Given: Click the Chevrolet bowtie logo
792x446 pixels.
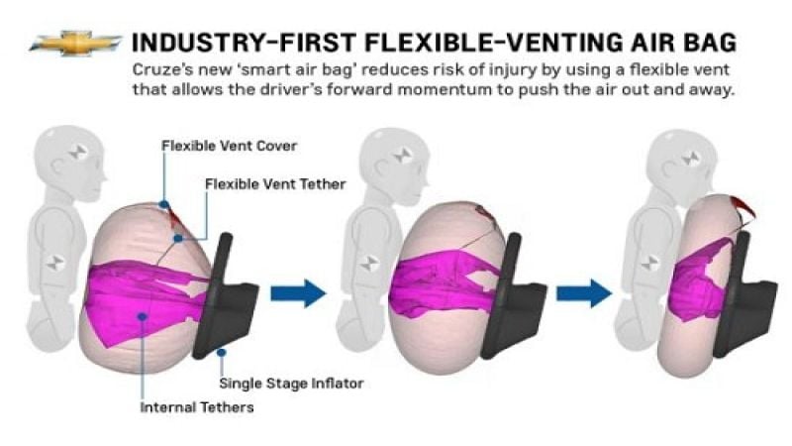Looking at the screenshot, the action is pos(75,43).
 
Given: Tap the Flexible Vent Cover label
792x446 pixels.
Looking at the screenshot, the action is pos(229,146).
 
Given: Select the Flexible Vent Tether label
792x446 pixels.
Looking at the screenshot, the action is pos(275,184).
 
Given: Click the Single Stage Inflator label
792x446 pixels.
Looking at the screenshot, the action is pos(291,384).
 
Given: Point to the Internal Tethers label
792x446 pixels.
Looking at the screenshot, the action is pos(197,407).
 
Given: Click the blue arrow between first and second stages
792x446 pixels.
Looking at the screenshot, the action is pos(298,292).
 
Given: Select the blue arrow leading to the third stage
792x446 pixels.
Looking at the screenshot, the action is pos(584,292).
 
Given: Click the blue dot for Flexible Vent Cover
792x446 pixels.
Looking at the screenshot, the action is pos(164,204).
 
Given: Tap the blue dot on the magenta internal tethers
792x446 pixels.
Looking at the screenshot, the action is pos(142,316).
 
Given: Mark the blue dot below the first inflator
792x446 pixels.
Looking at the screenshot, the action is pos(221,352).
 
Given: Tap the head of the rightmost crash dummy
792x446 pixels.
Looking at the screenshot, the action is pos(682,161).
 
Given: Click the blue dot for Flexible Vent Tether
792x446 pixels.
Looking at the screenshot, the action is pos(178,238).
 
